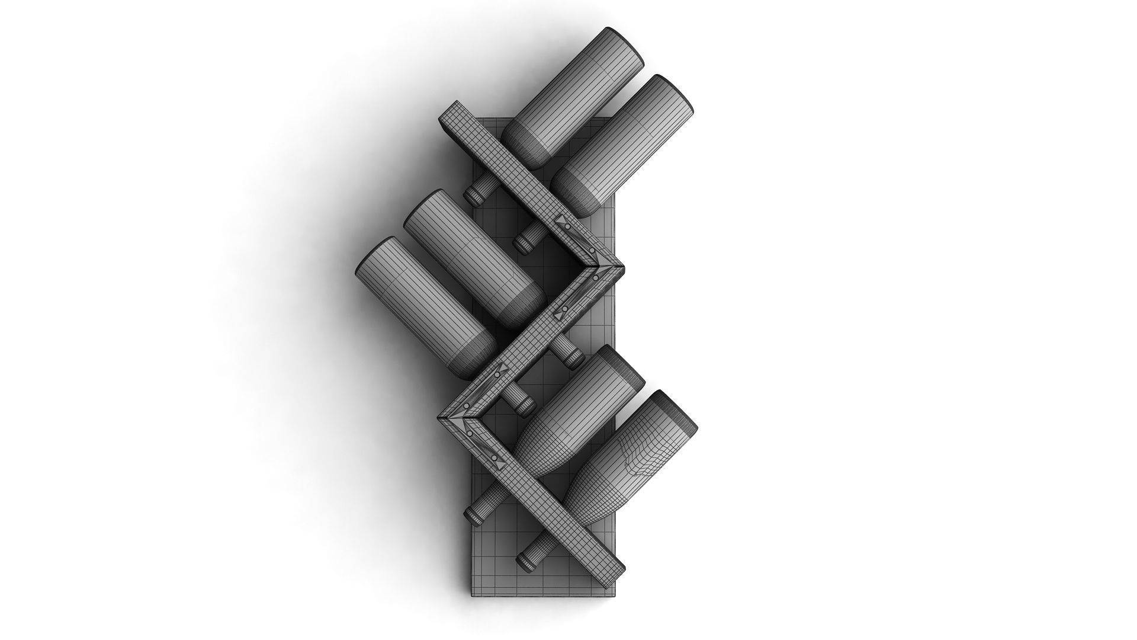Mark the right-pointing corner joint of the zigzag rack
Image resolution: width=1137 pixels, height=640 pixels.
coord(611,267)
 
